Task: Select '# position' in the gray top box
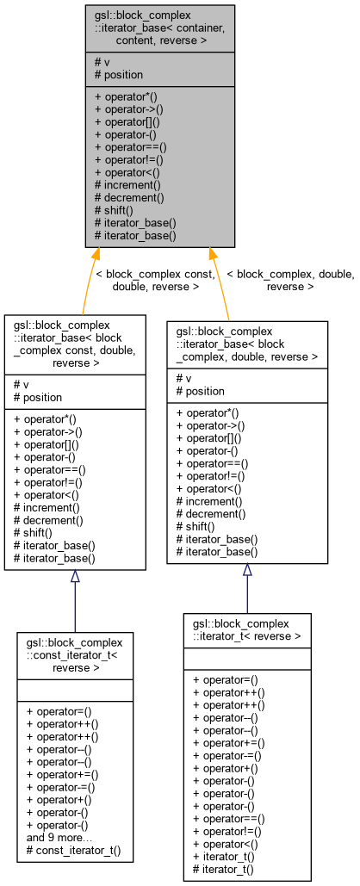(118, 75)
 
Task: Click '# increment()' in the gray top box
(127, 184)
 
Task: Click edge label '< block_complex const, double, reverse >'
(155, 280)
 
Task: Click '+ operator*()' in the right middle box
(208, 412)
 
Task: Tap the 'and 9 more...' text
(60, 837)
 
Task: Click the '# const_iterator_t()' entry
(73, 850)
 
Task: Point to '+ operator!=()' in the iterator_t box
(228, 833)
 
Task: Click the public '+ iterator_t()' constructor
(224, 858)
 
